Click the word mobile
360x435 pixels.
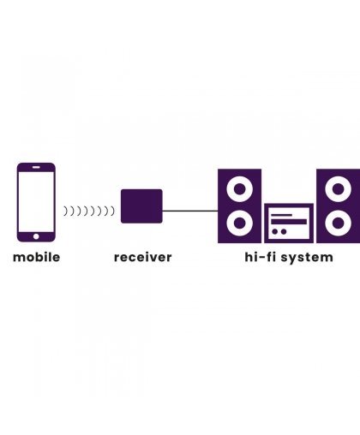[x=37, y=257]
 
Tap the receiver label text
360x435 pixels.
[x=143, y=257]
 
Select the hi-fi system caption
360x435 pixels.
[x=289, y=258]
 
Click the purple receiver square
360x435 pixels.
[x=141, y=206]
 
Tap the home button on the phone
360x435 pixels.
[x=36, y=236]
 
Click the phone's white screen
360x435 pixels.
[x=36, y=202]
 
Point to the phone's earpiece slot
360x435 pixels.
[x=36, y=167]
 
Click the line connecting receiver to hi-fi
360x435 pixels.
[x=190, y=211]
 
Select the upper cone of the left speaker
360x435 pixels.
[x=240, y=189]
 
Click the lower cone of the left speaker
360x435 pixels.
[x=240, y=223]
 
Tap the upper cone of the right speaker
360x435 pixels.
[x=339, y=189]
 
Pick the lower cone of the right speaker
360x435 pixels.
[x=339, y=223]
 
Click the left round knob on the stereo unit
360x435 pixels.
[x=275, y=231]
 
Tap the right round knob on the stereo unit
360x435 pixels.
[x=284, y=231]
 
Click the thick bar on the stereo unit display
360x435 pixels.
[x=289, y=222]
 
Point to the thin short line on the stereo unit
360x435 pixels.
[x=281, y=215]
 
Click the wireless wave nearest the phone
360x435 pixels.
[x=65, y=212]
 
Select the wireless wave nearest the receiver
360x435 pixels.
[x=113, y=212]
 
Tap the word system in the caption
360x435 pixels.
[x=307, y=259]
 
